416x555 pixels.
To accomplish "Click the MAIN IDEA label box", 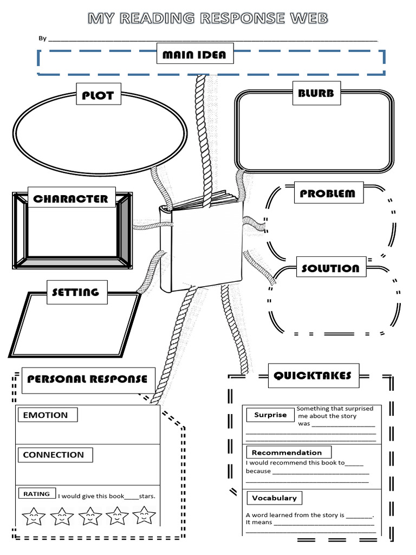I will click(194, 54).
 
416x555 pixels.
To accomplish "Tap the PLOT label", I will click(98, 95).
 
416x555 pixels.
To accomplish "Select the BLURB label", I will click(316, 93).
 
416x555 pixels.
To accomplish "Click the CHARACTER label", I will click(70, 198).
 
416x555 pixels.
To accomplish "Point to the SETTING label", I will click(76, 292).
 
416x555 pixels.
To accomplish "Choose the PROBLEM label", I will click(328, 193).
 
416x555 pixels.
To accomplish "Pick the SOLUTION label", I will click(330, 268).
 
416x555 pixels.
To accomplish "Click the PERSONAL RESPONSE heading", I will click(88, 378).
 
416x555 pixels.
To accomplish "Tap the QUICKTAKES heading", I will click(313, 375).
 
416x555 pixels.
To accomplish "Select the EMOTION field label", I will click(46, 415).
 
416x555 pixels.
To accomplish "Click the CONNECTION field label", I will click(54, 455).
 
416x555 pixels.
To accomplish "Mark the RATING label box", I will click(36, 494).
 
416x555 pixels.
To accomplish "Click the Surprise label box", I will click(271, 415).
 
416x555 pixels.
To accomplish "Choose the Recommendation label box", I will click(287, 453).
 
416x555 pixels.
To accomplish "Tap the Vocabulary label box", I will click(274, 498).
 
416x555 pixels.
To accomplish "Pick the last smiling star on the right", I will click(144, 514).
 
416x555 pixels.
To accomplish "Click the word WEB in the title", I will click(305, 19).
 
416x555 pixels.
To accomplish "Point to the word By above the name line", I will click(42, 38).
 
